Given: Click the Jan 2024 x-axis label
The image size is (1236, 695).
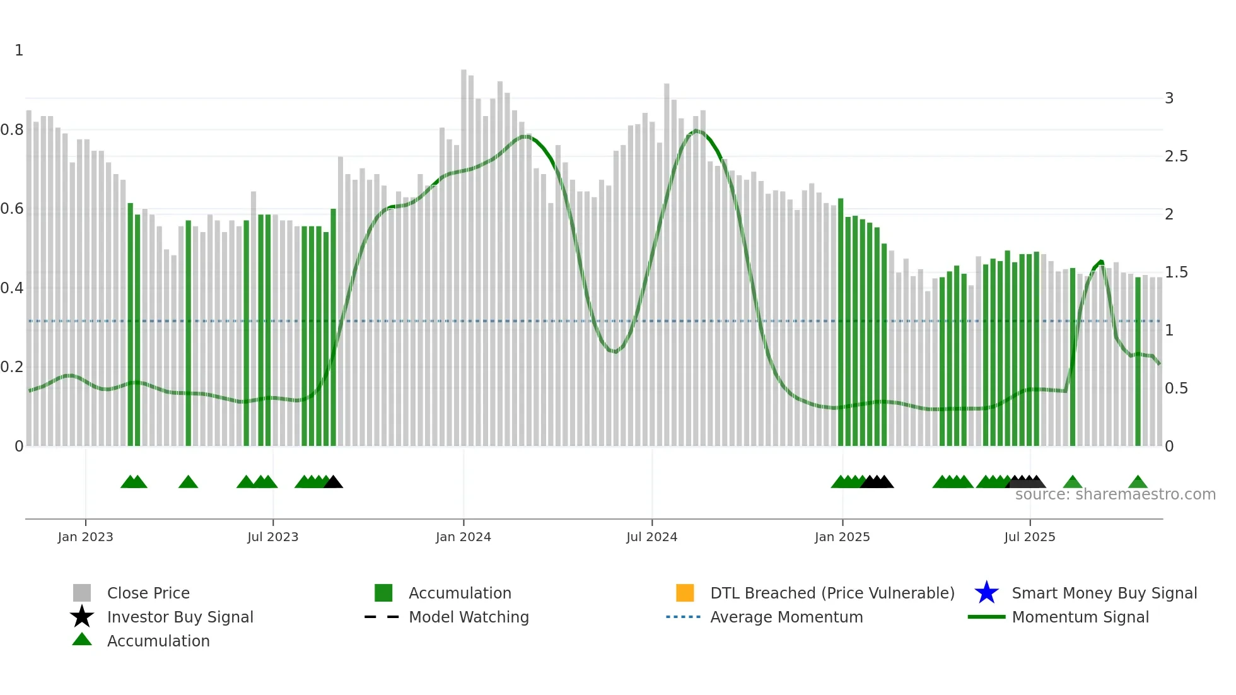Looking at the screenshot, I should (463, 537).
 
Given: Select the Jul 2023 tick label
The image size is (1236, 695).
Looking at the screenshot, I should (272, 537).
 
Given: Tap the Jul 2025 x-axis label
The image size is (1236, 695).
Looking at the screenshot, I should (1029, 537).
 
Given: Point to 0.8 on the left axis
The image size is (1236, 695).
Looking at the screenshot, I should (12, 130).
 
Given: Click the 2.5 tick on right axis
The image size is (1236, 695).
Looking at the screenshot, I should (1176, 156).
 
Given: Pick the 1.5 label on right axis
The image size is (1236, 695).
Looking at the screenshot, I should (1176, 272).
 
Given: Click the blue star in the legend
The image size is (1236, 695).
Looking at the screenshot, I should (986, 593).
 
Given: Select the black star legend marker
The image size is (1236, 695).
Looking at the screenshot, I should (82, 617).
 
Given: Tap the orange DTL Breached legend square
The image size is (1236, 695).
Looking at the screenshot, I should (685, 593).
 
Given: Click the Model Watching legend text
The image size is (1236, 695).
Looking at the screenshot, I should (469, 617).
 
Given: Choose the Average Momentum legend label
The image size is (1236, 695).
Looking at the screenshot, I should (786, 617).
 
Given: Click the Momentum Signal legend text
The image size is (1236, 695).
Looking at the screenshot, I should (1080, 617).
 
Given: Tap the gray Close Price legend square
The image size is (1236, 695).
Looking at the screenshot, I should (82, 593).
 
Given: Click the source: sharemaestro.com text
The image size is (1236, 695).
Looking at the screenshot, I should (1115, 494).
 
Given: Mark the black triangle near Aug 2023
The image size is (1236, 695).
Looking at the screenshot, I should (334, 482).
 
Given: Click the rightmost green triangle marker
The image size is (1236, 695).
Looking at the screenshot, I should (1138, 482).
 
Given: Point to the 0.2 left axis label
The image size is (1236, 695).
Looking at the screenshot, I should (12, 367).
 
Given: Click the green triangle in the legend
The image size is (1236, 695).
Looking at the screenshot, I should (82, 640).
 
